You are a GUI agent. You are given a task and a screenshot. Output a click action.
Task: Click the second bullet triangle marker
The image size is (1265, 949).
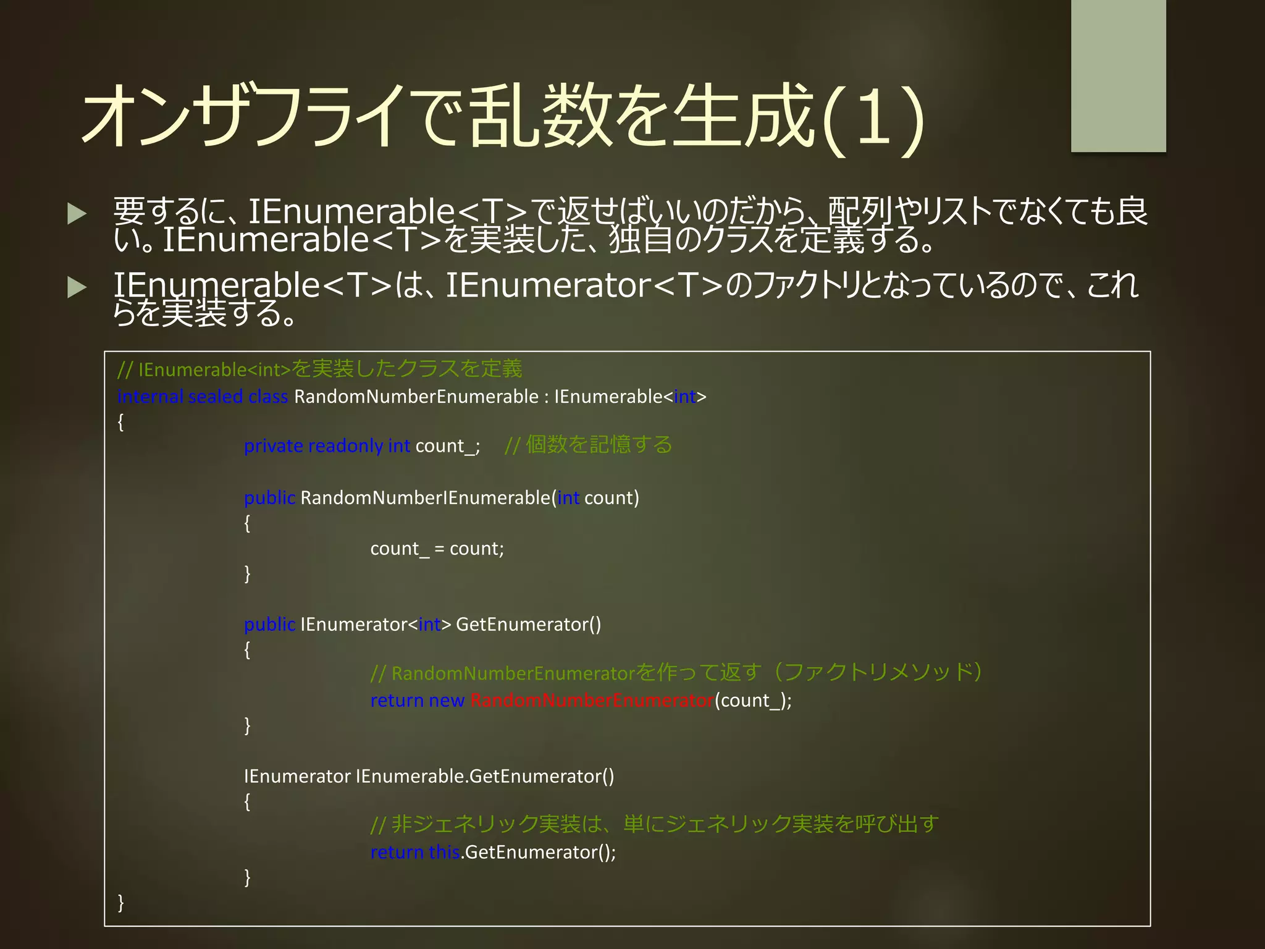[x=77, y=287]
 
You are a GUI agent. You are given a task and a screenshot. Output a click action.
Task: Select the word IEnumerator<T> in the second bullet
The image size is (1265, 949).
[x=584, y=285]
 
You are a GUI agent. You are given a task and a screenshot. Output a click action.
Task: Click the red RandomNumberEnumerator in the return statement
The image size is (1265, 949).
[x=592, y=701]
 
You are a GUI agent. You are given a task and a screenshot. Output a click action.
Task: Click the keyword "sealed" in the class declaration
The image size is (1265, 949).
[x=215, y=397]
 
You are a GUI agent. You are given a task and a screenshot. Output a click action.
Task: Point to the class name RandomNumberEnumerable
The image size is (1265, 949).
[x=416, y=397]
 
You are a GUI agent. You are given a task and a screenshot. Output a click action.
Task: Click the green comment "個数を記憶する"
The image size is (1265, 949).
[x=598, y=445]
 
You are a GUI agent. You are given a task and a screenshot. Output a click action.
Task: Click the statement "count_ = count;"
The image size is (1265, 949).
[x=437, y=549]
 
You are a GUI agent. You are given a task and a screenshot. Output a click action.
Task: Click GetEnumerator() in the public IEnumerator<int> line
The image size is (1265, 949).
[x=528, y=625]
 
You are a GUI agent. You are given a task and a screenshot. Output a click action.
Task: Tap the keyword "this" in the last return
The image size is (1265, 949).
[x=444, y=853]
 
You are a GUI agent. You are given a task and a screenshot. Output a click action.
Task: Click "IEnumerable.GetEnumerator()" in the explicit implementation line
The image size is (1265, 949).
[x=485, y=777]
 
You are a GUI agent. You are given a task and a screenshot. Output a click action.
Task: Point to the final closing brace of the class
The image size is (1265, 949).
[x=121, y=903]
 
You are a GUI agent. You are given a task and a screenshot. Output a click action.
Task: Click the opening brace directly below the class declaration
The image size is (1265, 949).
[x=121, y=423]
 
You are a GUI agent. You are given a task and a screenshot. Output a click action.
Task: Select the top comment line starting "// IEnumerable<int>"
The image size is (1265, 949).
[x=319, y=369]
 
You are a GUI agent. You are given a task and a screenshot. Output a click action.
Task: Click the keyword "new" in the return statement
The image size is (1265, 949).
[x=446, y=701]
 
